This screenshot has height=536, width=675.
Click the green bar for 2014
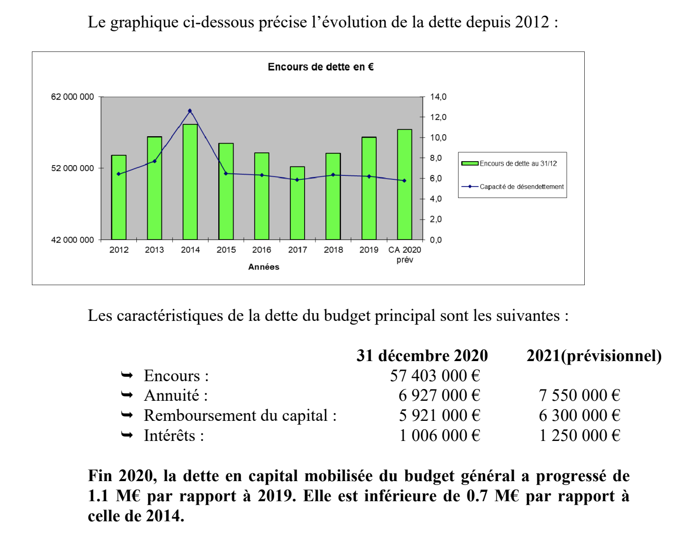(x=190, y=182)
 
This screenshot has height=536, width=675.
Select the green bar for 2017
(x=297, y=203)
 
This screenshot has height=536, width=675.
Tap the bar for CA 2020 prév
(x=404, y=184)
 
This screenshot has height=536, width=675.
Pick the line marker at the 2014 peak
(x=190, y=111)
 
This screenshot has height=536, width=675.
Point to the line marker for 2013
(x=155, y=161)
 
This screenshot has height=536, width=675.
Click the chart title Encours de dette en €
(x=320, y=67)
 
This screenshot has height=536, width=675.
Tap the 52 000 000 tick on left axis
(x=73, y=168)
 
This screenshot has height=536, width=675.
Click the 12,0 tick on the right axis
(x=438, y=117)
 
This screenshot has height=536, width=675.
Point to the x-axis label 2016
(x=261, y=250)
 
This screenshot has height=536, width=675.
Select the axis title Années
(x=263, y=267)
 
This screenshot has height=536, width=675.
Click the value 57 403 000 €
(x=435, y=375)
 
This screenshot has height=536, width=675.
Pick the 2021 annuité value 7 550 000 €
(x=579, y=395)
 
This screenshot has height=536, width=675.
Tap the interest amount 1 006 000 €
(x=440, y=435)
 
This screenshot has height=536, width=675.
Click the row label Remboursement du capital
(x=240, y=415)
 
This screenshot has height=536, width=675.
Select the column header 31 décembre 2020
(x=422, y=355)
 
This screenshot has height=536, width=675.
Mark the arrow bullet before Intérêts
(x=127, y=435)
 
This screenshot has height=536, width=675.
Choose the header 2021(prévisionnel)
(x=594, y=356)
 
